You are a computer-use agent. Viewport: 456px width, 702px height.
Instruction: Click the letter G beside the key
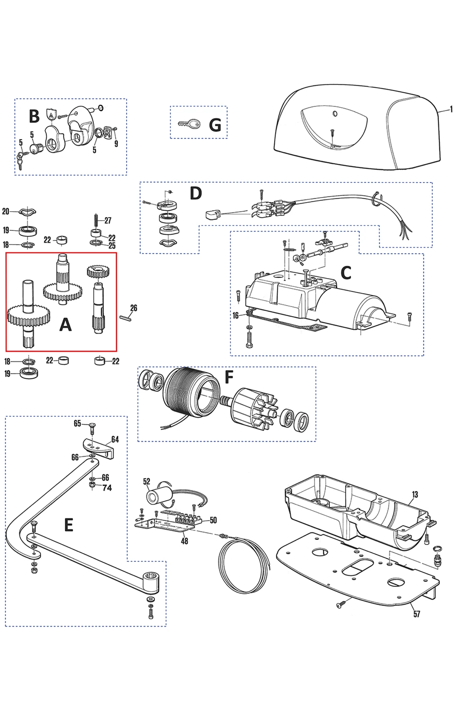pos(215,124)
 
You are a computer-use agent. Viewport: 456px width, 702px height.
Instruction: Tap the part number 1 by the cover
pos(451,110)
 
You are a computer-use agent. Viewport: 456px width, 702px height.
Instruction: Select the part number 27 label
pos(108,220)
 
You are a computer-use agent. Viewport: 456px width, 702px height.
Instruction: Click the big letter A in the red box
pos(65,324)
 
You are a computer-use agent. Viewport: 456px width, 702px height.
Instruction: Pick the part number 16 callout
pos(235,315)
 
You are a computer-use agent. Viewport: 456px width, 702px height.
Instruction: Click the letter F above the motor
pos(228,377)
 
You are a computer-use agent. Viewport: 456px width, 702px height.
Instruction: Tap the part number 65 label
pos(77,423)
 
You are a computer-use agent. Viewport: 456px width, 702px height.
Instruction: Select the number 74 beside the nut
pos(107,488)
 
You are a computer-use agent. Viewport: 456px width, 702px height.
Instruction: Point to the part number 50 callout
pos(213,520)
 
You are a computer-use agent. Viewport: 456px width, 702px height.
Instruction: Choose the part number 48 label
pos(184,541)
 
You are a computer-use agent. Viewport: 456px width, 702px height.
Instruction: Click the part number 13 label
pos(415,494)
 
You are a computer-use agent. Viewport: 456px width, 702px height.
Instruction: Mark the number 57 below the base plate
pos(416,614)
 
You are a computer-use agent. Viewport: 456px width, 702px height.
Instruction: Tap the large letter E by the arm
pos(69,525)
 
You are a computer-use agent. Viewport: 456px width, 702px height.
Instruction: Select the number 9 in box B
pos(116,143)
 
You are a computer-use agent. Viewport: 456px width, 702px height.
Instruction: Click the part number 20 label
pos(6,211)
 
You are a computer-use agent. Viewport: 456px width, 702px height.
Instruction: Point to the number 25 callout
pos(112,246)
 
